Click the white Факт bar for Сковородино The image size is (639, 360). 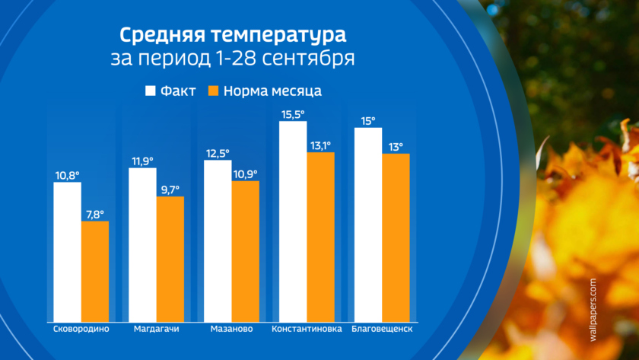pos(67,251)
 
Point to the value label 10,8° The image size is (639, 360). pos(67,174)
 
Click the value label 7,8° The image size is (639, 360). pos(95,213)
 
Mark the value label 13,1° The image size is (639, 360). pos(320,145)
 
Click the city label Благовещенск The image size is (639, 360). pos(382,330)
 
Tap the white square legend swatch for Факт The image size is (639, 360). pos(151,91)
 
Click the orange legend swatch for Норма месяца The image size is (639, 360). pos(214,91)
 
